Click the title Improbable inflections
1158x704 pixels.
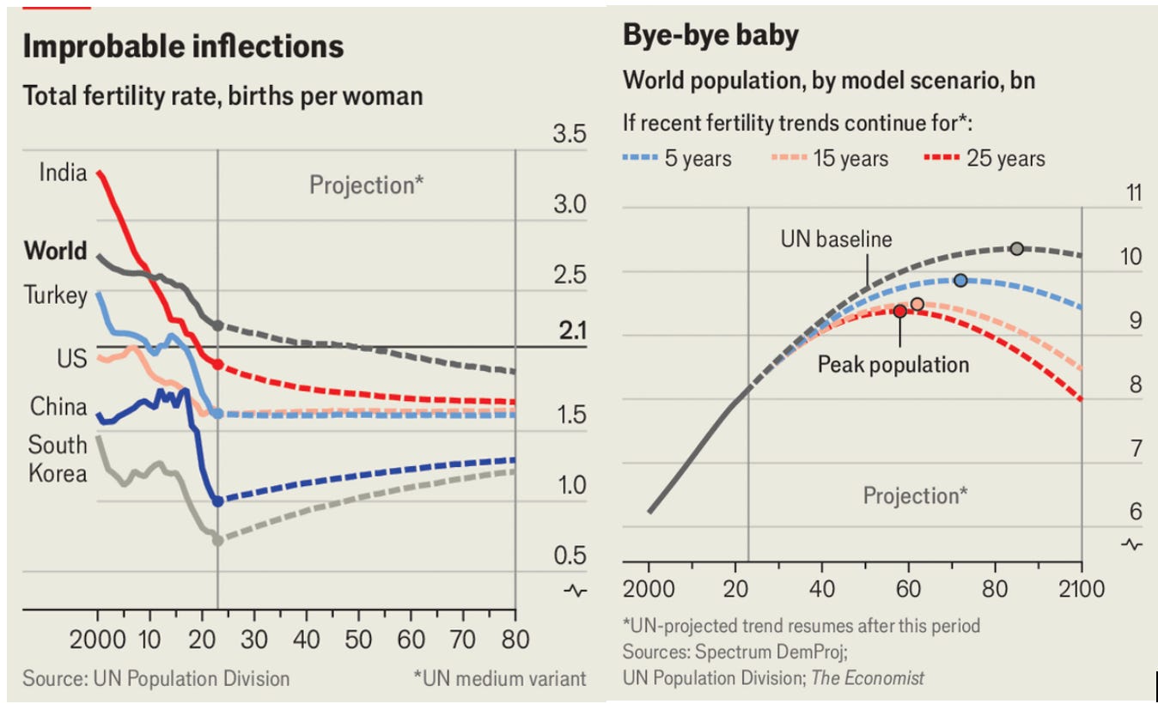click(183, 46)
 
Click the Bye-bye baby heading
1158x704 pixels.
click(710, 35)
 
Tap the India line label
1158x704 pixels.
click(63, 173)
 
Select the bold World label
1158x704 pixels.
click(56, 251)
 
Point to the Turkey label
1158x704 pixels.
click(56, 295)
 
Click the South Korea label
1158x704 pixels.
click(58, 458)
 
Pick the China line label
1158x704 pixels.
click(58, 406)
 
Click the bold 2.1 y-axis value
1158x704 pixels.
click(572, 331)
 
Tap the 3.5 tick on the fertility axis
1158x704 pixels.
click(570, 135)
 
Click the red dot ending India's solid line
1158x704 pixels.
click(217, 364)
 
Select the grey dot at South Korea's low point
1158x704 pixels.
click(217, 540)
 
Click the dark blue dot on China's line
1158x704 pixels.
click(217, 501)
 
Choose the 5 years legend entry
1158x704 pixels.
click(677, 158)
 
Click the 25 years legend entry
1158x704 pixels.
click(984, 158)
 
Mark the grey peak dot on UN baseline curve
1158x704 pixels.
click(1016, 248)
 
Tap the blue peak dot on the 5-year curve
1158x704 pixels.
click(960, 280)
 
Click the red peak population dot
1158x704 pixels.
click(899, 311)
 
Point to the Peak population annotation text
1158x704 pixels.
click(893, 364)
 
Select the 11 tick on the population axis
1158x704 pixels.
click(1134, 192)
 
